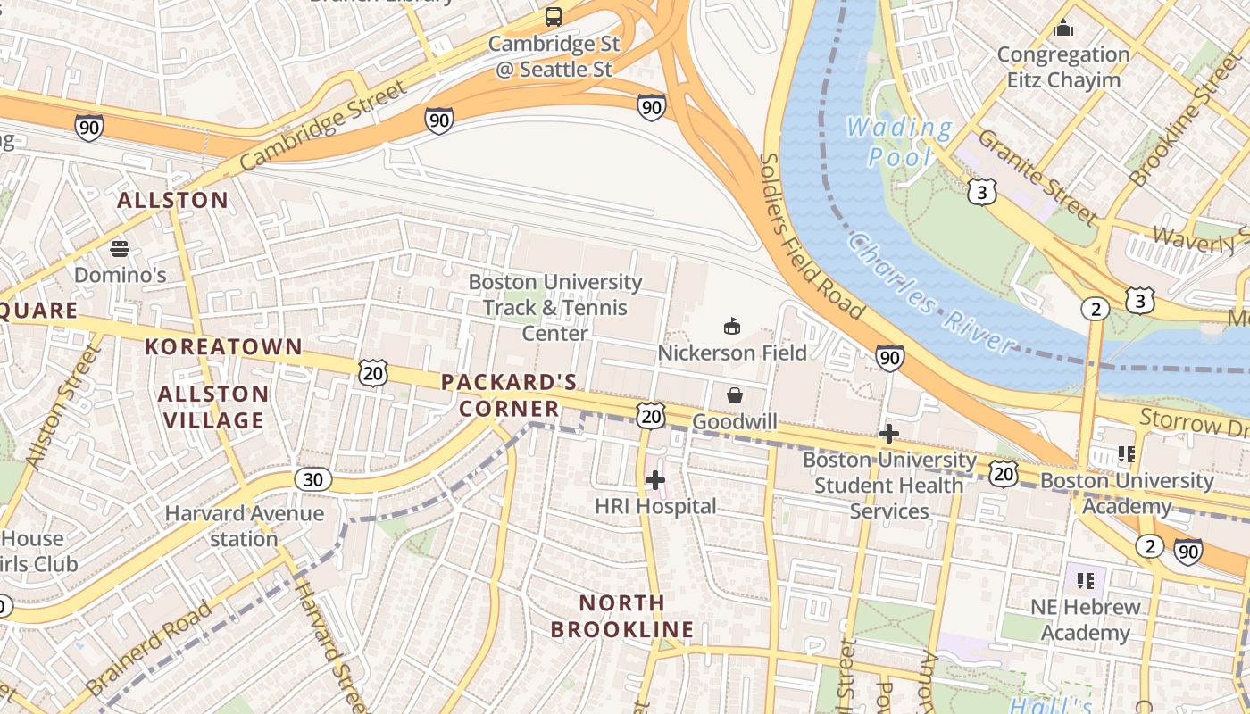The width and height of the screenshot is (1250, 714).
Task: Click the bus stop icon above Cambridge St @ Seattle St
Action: click(554, 17)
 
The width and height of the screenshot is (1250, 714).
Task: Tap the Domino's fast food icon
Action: click(120, 248)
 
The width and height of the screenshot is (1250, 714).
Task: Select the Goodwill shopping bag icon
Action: click(735, 394)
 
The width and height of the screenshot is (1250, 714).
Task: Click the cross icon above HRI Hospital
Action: click(655, 480)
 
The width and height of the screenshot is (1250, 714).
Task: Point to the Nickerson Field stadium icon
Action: click(732, 326)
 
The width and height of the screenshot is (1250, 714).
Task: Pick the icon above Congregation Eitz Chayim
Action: click(1062, 29)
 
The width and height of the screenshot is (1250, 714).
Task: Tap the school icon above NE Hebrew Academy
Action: click(1086, 581)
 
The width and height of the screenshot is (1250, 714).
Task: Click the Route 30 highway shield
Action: click(312, 480)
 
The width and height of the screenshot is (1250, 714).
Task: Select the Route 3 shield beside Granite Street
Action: click(981, 191)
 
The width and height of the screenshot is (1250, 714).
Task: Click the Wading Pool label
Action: click(899, 142)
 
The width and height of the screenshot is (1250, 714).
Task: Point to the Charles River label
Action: click(932, 294)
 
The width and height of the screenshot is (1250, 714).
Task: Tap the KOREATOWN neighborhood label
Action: click(224, 346)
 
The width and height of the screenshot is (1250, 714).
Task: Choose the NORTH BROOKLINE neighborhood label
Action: click(621, 616)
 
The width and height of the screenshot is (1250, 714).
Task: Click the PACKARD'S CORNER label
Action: click(510, 395)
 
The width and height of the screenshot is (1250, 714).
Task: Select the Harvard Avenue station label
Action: click(244, 526)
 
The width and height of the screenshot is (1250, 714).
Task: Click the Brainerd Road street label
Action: click(150, 649)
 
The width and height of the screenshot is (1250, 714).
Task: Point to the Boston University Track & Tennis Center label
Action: click(554, 307)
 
